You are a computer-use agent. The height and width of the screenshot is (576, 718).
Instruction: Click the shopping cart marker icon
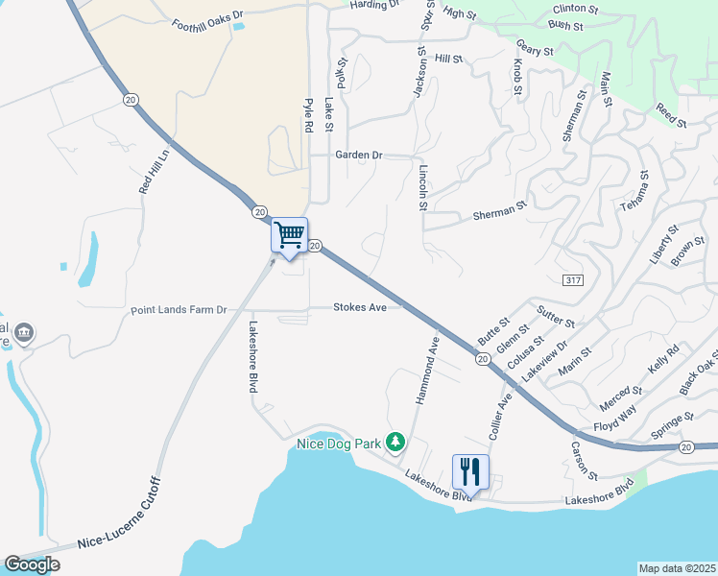(x=289, y=235)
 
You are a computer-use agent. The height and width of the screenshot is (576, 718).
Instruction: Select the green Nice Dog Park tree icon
(x=394, y=442)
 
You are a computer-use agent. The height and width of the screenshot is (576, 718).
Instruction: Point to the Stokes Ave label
(x=360, y=307)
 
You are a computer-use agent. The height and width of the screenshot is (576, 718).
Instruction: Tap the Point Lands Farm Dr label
(x=179, y=310)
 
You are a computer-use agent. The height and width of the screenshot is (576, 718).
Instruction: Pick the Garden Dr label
(x=359, y=155)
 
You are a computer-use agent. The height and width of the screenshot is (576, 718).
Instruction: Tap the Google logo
(x=32, y=564)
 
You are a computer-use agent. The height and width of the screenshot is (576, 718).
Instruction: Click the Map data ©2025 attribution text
(x=678, y=568)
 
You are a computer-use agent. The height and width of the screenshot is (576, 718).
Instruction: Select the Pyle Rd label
(x=309, y=115)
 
